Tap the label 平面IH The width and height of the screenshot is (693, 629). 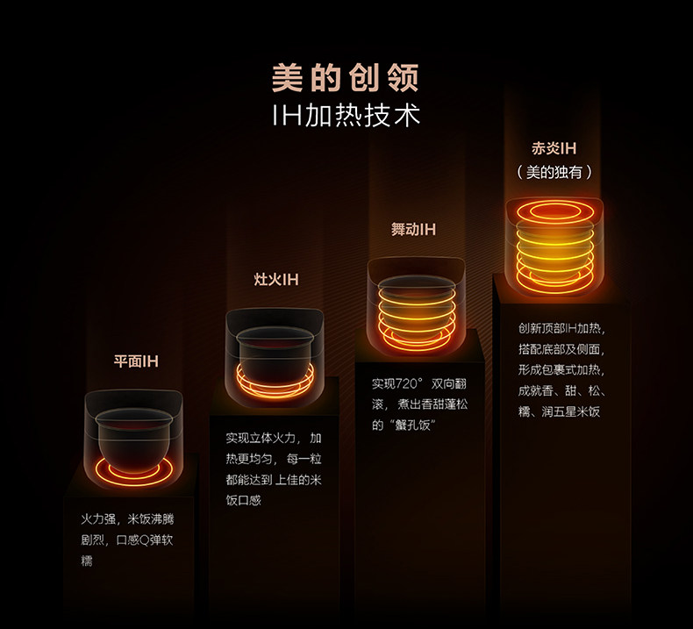coord(136,361)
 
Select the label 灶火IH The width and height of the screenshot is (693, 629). coord(275,279)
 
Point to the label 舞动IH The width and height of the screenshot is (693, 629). coord(413,230)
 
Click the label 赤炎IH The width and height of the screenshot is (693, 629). coord(554,149)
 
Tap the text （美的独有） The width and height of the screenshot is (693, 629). coord(554,172)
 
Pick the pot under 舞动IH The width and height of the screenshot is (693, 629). coord(414,309)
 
